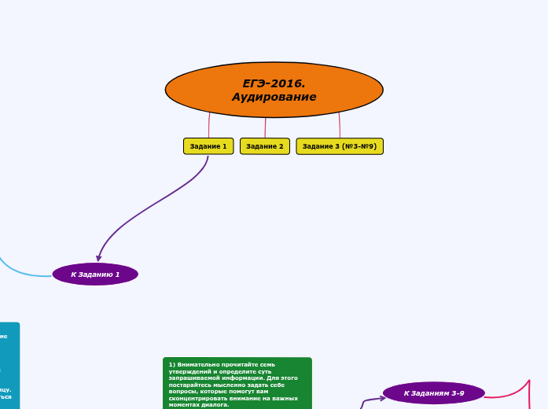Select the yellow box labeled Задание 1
208,146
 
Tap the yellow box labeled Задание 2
265,146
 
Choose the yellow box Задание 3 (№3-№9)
340,146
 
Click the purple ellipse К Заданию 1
95,274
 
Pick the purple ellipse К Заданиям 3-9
434,392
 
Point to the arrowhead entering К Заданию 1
99,257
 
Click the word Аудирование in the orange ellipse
274,97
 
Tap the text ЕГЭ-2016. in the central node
274,83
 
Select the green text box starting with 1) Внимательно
237,384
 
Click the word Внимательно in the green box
197,365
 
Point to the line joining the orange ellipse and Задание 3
340,126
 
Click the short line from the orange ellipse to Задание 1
209,126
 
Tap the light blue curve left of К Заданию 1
20,272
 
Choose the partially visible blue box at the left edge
9,366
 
